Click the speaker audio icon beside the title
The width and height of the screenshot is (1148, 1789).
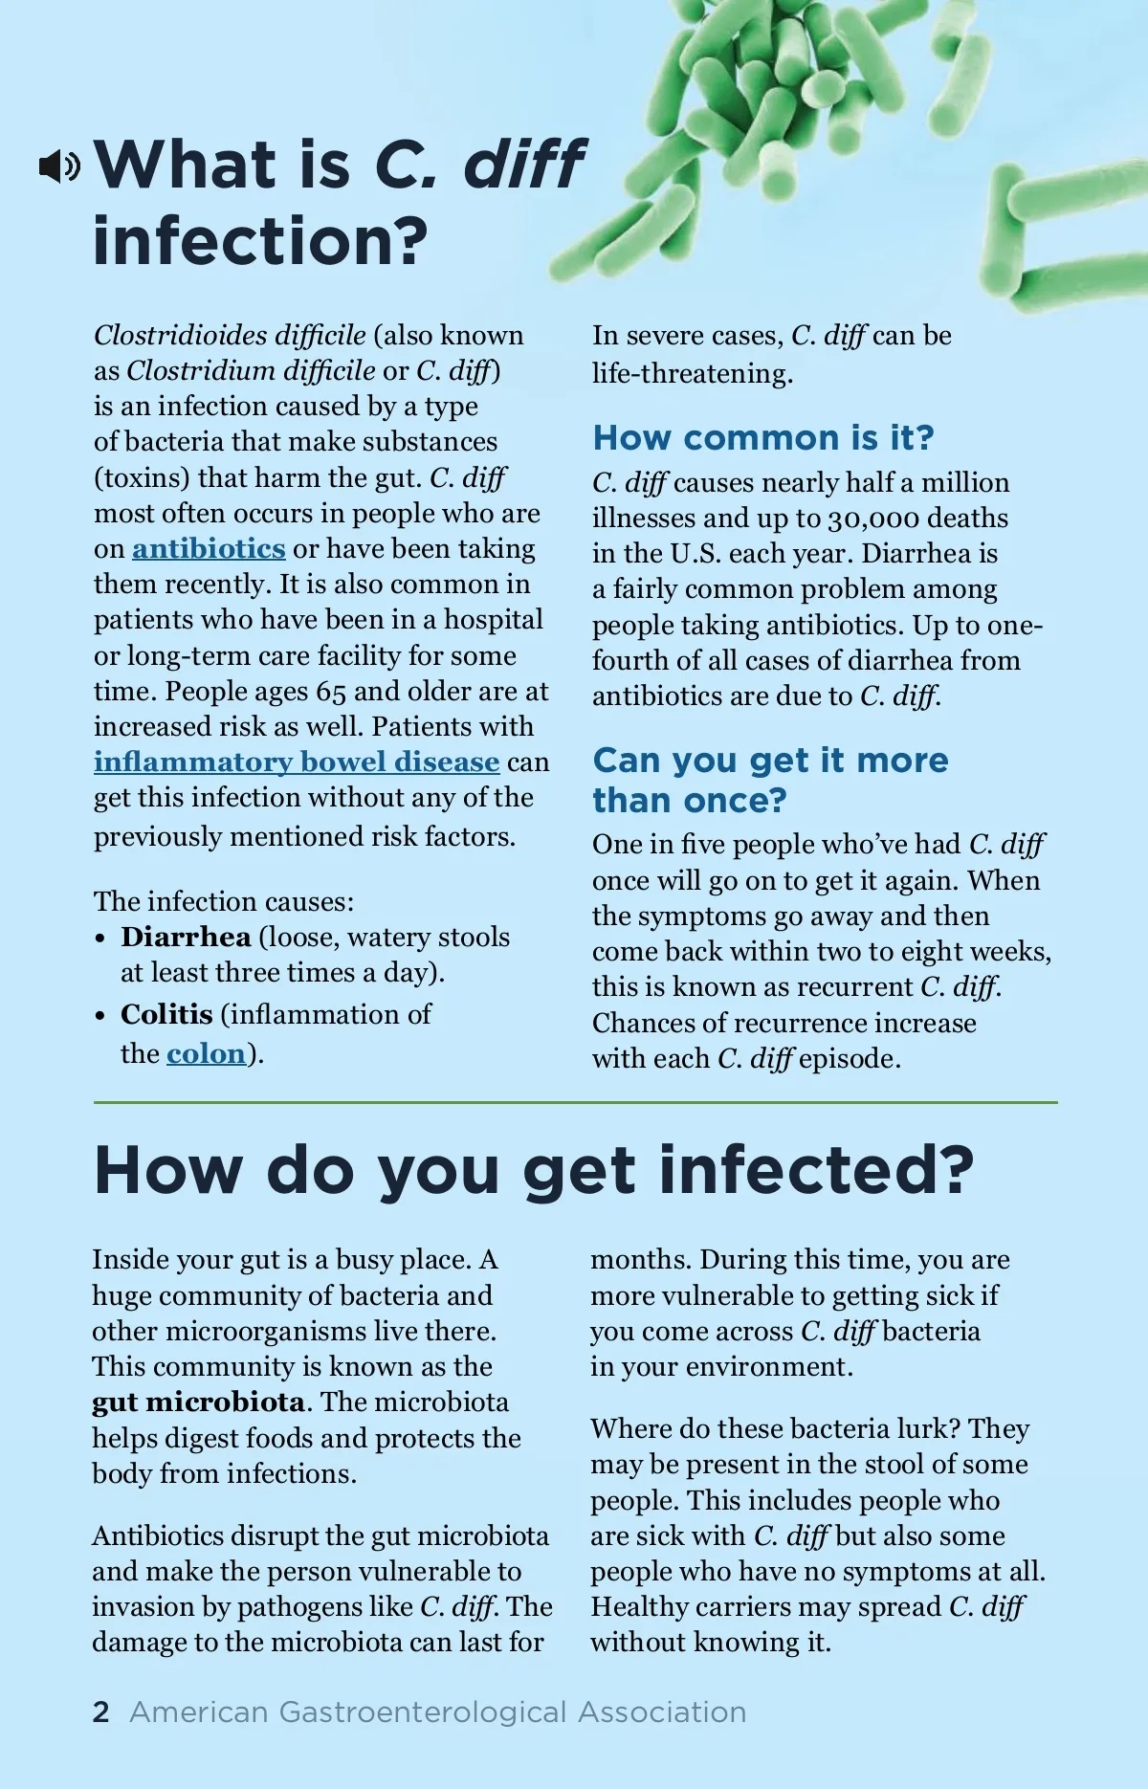(59, 166)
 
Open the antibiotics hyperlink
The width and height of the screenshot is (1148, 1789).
(209, 548)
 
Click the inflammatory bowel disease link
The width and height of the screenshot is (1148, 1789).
(297, 762)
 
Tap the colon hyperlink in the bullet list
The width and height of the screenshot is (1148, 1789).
(206, 1053)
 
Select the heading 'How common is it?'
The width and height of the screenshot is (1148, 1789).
(762, 437)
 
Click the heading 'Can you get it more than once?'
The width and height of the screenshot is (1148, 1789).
(770, 780)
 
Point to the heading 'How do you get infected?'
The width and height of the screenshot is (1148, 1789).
(533, 1170)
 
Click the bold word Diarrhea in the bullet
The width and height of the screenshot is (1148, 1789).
(186, 937)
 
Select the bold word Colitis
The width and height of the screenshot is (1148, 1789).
(166, 1014)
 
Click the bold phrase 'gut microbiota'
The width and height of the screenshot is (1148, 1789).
(198, 1402)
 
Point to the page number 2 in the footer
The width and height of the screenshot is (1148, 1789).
(101, 1712)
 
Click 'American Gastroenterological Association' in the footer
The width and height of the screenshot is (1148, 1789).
(437, 1712)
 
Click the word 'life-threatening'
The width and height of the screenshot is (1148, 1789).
(691, 373)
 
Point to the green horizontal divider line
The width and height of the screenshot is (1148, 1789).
(575, 1103)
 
